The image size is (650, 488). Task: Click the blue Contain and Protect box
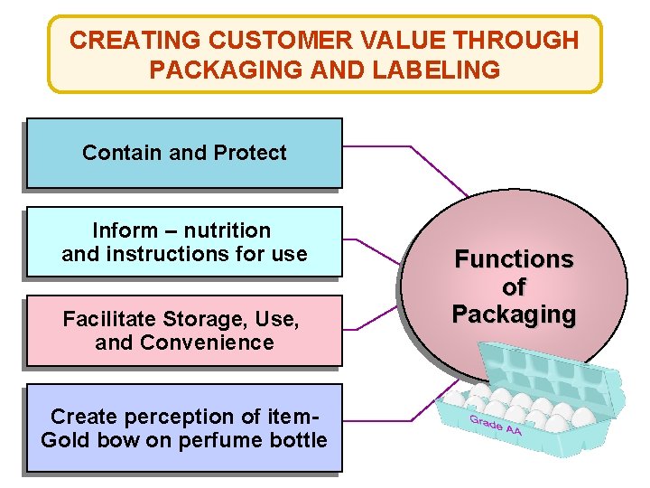tap(184, 153)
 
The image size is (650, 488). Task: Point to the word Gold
tap(61, 440)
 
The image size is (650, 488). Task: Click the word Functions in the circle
tap(514, 259)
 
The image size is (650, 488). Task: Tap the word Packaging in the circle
tap(514, 315)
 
